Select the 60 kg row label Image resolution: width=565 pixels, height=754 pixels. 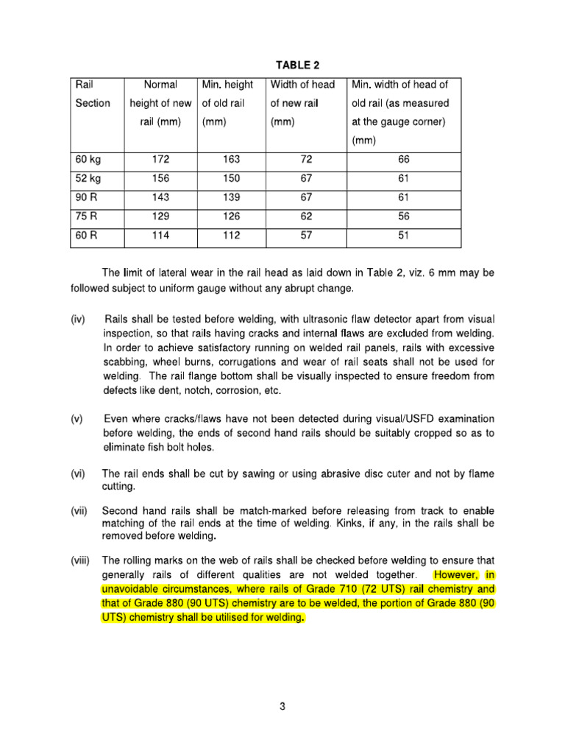[x=89, y=160]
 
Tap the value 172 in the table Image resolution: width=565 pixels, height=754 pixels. [x=160, y=160]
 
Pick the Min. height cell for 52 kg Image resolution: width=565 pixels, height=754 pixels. [x=231, y=179]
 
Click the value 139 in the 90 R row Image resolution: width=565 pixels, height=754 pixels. [x=231, y=198]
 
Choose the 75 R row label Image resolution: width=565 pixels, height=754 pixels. [x=88, y=217]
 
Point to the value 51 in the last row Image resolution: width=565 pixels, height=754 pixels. [x=403, y=236]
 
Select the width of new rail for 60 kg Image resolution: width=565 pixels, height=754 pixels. [x=306, y=160]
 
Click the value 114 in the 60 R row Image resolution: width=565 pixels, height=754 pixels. [x=160, y=236]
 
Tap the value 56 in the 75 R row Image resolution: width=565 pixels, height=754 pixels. [x=403, y=217]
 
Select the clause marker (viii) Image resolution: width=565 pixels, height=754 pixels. [x=80, y=560]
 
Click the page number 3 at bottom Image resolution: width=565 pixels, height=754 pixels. [x=282, y=707]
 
